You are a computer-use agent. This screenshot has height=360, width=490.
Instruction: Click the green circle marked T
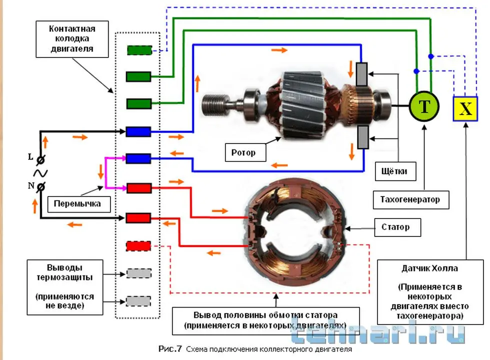(x=424, y=106)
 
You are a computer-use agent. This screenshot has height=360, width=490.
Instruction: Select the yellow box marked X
(x=465, y=108)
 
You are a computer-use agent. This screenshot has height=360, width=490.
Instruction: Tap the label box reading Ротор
(x=243, y=152)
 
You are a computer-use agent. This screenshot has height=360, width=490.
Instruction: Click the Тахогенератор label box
(x=410, y=199)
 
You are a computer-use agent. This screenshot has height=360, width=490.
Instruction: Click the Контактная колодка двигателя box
(x=71, y=38)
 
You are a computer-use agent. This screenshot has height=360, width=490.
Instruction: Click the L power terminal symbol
(x=41, y=159)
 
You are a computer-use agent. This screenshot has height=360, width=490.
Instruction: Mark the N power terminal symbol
(x=40, y=186)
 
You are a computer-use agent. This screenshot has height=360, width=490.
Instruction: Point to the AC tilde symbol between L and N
(x=40, y=173)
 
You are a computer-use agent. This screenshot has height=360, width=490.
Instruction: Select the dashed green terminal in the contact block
(x=139, y=50)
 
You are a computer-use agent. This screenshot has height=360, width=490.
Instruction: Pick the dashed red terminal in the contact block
(x=138, y=246)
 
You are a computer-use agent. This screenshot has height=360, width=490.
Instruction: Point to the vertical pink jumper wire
(x=105, y=173)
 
